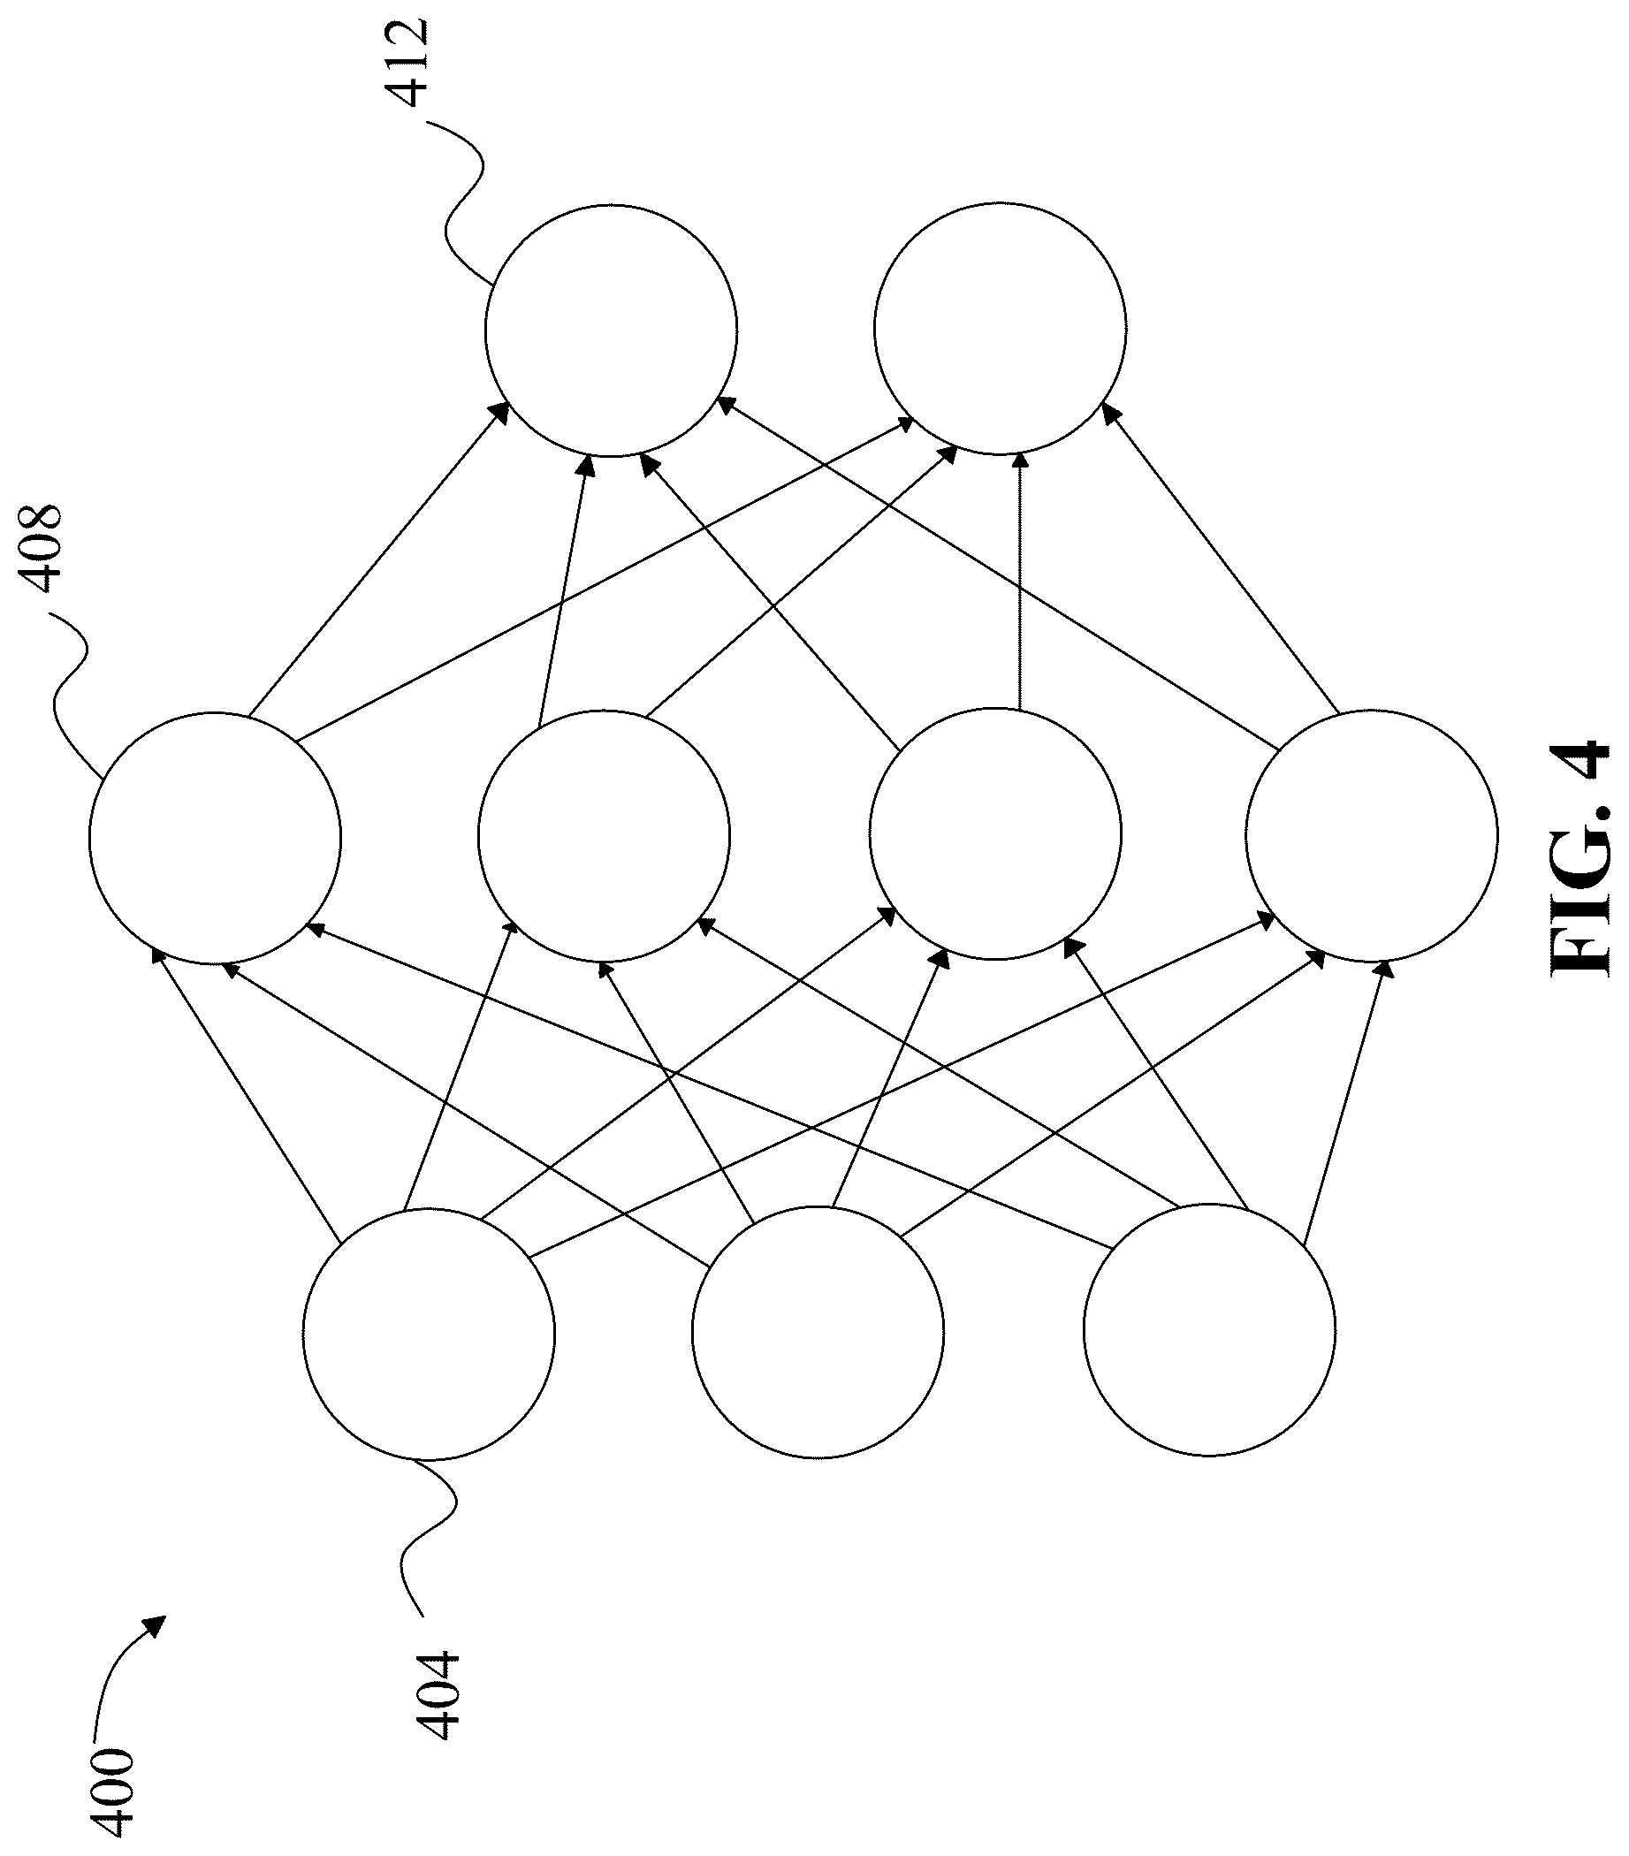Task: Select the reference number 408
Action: click(x=37, y=550)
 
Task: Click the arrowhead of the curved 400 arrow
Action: click(x=156, y=1625)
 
